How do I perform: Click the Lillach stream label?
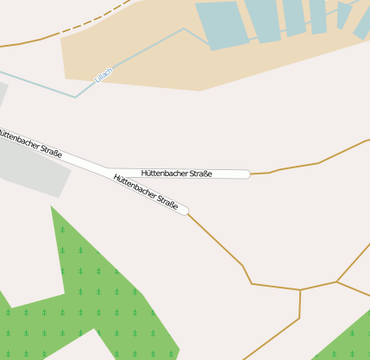tap(103, 75)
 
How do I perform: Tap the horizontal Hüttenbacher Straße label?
tap(177, 174)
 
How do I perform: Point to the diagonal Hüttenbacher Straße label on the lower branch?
tap(146, 192)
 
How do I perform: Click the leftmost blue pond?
tap(223, 25)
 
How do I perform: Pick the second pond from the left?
tap(263, 20)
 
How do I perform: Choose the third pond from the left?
tap(294, 16)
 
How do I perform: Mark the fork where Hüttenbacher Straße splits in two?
tap(108, 168)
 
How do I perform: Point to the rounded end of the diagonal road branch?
tap(185, 210)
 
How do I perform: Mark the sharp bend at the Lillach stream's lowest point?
tap(76, 97)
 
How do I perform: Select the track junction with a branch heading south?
tap(300, 290)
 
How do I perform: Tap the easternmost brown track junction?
tap(336, 281)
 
